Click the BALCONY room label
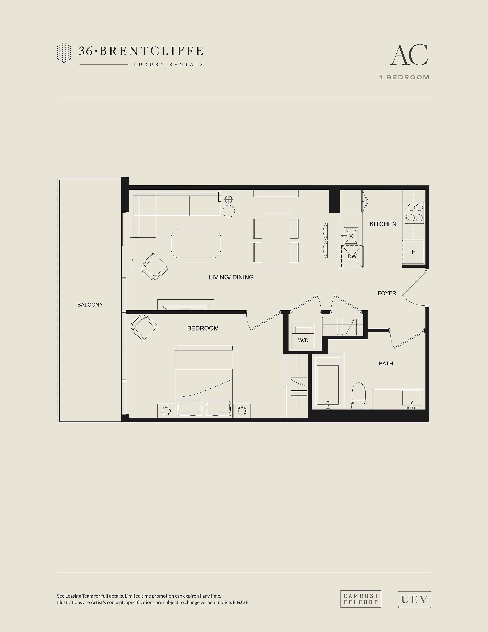[90, 304]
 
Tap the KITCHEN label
[383, 224]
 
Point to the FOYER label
[387, 293]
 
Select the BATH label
[386, 363]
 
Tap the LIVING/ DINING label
[231, 277]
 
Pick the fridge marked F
[413, 252]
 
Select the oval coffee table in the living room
[196, 243]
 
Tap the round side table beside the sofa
[229, 211]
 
